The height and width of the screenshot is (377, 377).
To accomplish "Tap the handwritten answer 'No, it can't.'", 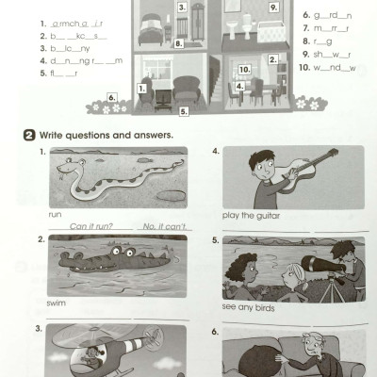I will pyautogui.click(x=161, y=226).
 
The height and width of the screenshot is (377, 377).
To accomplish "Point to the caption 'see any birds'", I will pyautogui.click(x=244, y=305).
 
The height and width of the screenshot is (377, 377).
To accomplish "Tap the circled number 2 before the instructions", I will pyautogui.click(x=28, y=136).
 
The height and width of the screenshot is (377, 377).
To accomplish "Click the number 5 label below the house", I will pyautogui.click(x=184, y=110).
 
